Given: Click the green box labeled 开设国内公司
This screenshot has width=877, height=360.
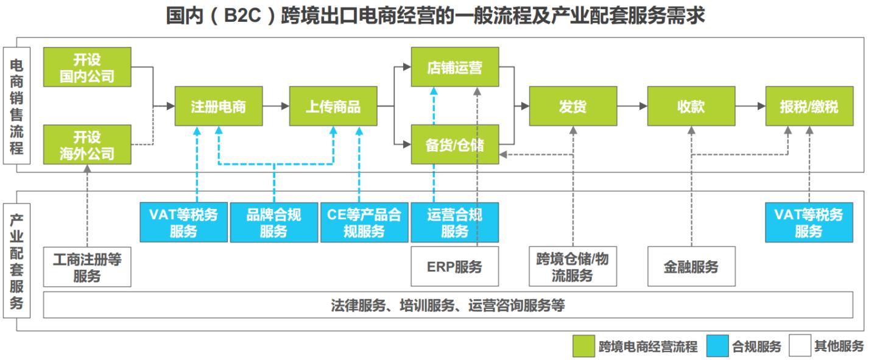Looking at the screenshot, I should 88,67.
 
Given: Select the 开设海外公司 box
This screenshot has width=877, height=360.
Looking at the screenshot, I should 88,144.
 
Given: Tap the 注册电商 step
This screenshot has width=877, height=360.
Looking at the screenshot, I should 219,106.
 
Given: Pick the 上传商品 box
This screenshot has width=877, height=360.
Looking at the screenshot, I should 333,106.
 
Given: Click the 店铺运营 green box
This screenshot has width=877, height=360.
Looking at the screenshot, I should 455,67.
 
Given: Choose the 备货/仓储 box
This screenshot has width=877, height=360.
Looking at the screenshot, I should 455,144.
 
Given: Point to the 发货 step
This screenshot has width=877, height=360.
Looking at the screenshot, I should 572,106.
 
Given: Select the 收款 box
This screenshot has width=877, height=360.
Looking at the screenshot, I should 691,106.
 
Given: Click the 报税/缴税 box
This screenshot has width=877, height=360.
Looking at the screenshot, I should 809,106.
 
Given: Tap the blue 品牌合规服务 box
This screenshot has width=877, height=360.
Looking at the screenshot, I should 274,222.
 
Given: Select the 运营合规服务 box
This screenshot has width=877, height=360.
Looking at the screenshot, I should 455,222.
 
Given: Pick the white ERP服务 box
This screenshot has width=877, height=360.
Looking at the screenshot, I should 455,267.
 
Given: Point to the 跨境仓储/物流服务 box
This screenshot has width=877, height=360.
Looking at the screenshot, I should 572,267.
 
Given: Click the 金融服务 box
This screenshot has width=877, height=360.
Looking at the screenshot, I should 691,267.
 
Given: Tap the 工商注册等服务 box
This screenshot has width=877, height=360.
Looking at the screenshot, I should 88,267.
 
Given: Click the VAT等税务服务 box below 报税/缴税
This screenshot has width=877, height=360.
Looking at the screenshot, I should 809,222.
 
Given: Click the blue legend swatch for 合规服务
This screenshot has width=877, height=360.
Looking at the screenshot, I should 717,347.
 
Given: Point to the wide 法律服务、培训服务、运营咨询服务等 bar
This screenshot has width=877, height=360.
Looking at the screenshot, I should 448,305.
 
